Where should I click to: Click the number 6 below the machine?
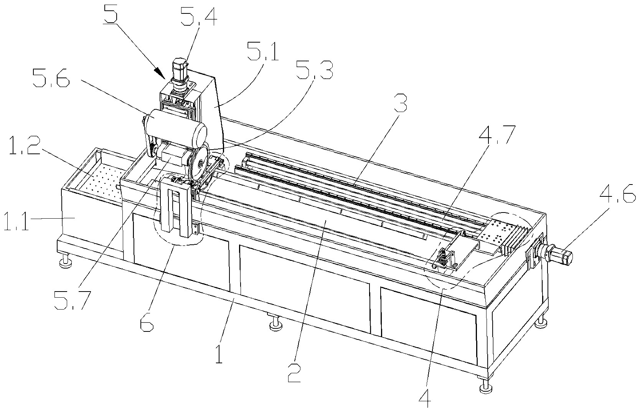pos(147,322)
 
